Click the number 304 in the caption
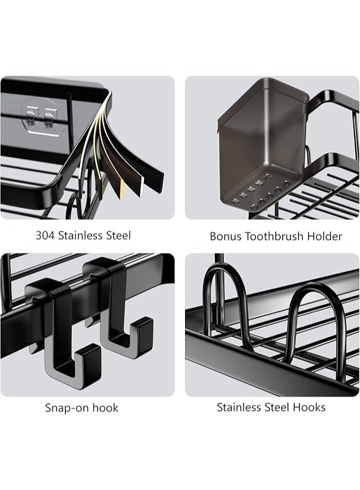(x=45, y=235)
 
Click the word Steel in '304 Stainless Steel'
(x=117, y=235)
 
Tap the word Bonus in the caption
(x=225, y=236)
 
